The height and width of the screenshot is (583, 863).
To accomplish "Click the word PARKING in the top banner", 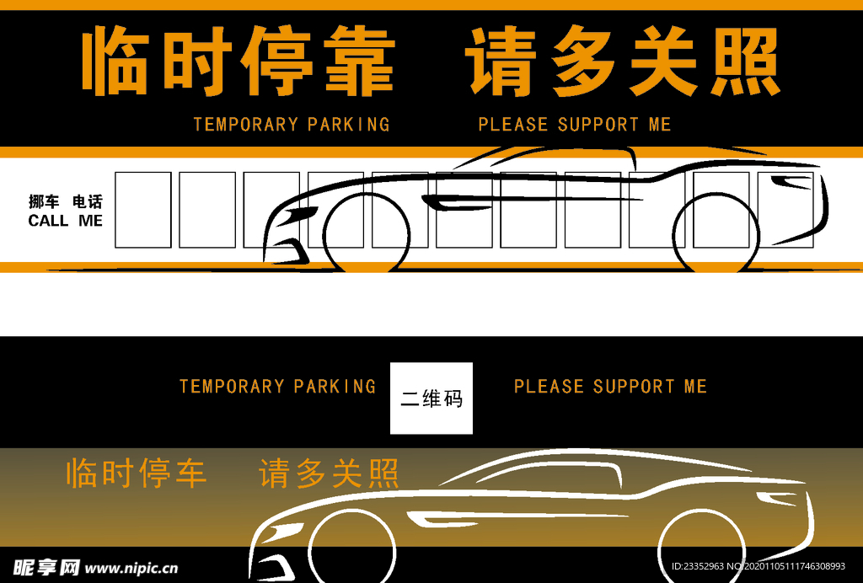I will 348,125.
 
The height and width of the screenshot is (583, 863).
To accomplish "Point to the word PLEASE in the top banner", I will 513,125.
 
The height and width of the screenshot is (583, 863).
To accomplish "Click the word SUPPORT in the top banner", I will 598,125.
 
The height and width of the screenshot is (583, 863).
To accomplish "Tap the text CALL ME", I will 65,221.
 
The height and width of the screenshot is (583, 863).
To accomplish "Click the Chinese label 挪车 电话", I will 65,202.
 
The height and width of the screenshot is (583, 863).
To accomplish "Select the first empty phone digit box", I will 143,210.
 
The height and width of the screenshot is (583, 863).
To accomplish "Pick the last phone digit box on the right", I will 785,210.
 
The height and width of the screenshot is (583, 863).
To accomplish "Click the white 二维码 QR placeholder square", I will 431,398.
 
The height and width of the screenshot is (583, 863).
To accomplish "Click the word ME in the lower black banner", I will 695,387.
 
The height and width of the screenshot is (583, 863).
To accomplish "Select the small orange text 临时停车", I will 136,473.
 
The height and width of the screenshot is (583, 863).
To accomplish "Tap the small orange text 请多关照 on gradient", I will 329,473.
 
